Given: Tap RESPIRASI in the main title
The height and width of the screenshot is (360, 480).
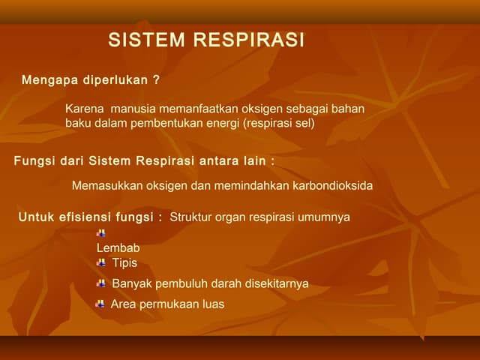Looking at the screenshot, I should pos(250,40).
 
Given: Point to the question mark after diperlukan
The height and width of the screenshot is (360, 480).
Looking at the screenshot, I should pos(156,79).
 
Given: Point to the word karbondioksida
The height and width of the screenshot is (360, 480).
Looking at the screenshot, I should pos(333,185).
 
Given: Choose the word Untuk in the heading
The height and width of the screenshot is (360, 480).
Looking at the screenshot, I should pos(37,217).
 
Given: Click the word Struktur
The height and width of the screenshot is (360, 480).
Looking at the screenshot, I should pos(192,217).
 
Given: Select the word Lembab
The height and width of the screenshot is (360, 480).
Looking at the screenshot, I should pos(118,248).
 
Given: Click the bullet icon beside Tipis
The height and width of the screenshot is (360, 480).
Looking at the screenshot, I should pos(101,262).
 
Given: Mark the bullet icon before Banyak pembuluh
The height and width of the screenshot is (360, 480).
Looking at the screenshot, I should pos(101,283).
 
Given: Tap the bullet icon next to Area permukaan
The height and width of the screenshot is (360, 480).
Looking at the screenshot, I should pos(100,304).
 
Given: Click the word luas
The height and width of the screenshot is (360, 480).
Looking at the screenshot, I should pos(211,304).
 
